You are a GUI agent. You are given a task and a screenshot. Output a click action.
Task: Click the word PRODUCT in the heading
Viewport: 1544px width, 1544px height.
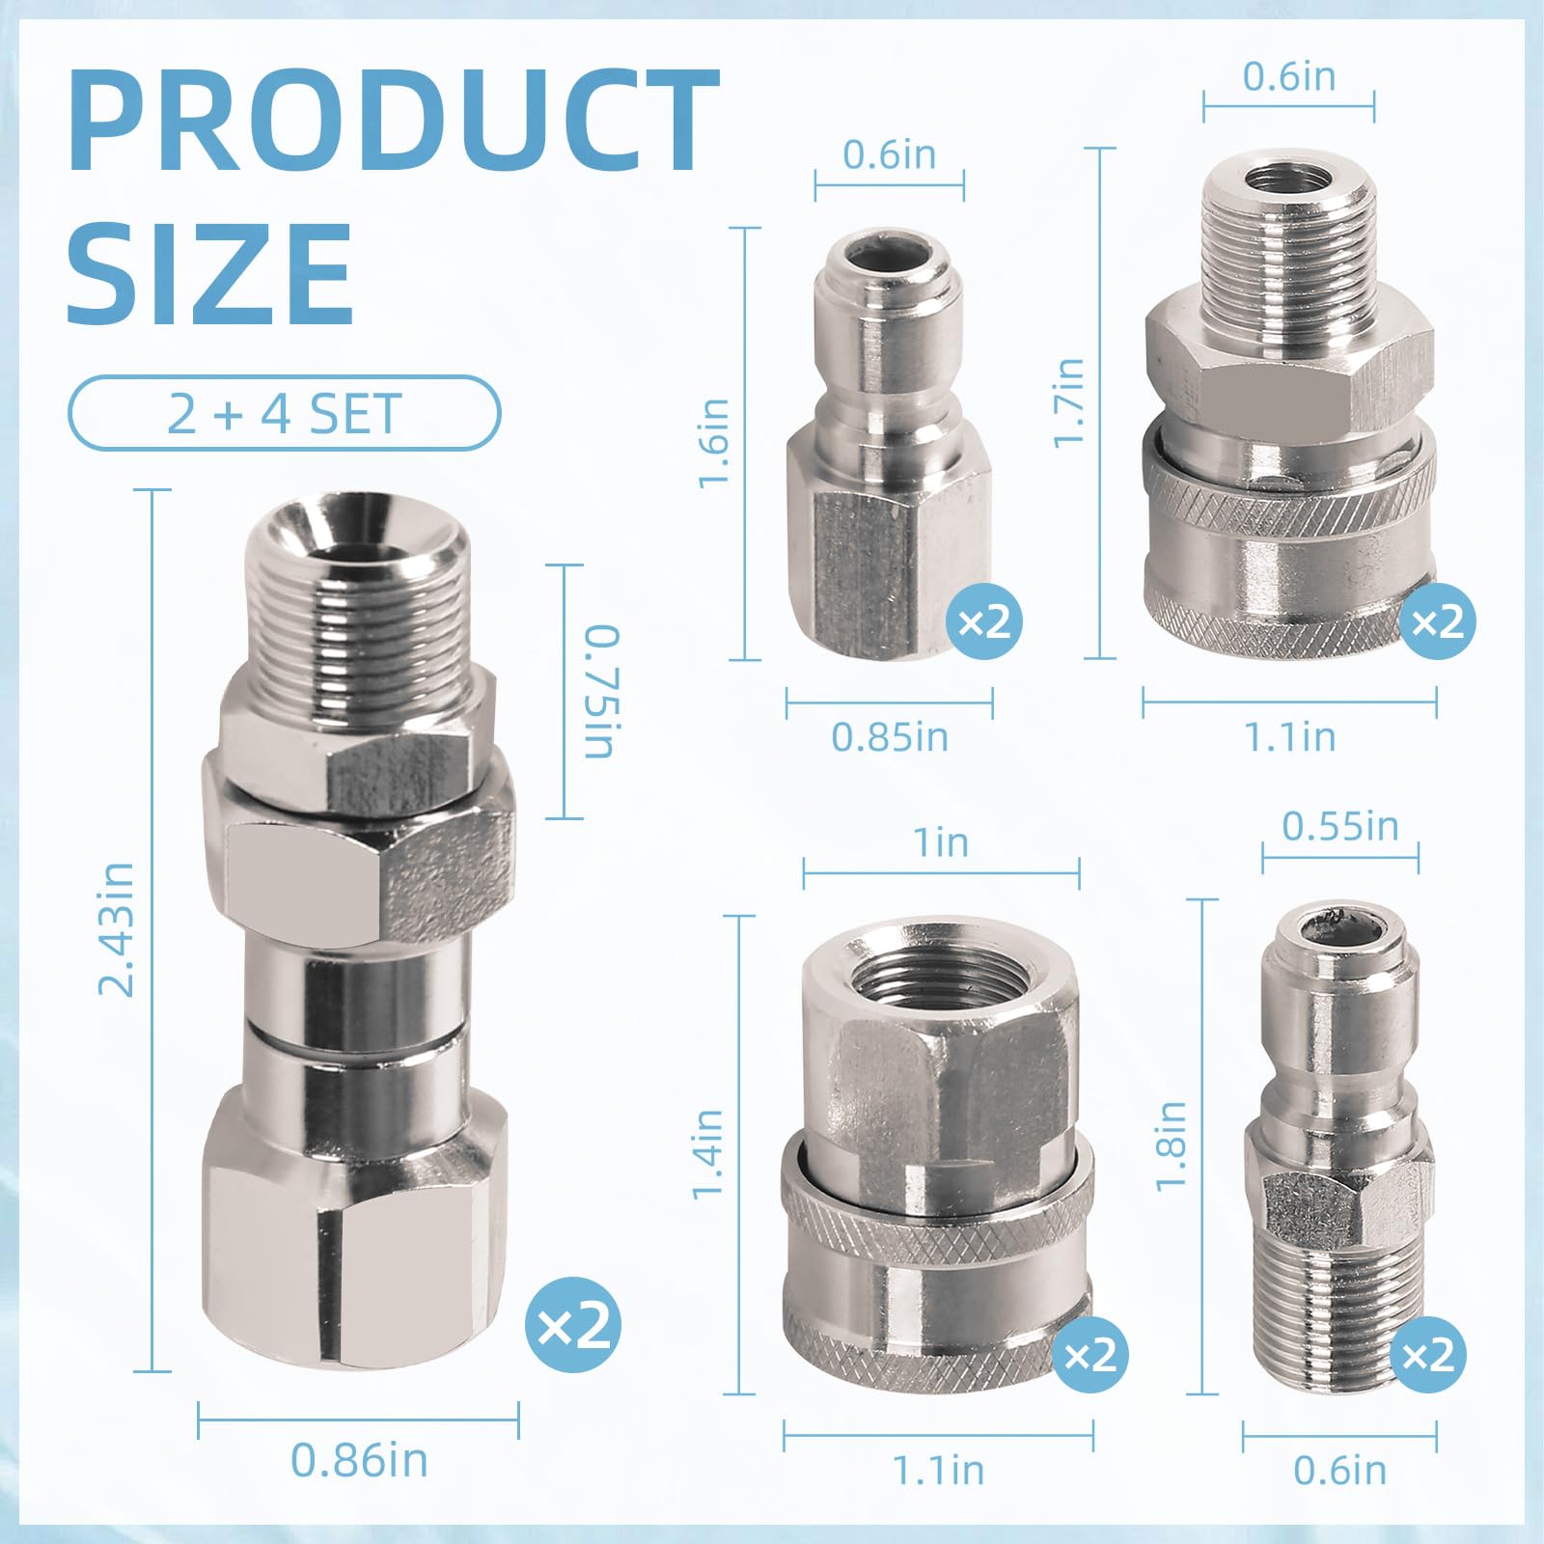394,121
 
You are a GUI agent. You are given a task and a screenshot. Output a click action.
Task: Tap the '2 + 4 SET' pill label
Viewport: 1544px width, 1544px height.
284,414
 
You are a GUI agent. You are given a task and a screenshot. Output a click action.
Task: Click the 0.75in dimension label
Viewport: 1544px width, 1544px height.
603,692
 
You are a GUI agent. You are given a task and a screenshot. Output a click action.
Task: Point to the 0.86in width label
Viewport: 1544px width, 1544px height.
359,1460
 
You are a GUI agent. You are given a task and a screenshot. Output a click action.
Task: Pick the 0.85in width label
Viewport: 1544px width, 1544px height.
890,737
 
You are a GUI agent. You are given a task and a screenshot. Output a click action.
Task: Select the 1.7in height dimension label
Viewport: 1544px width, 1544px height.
1068,402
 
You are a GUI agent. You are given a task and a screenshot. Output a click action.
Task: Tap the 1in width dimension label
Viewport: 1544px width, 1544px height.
941,842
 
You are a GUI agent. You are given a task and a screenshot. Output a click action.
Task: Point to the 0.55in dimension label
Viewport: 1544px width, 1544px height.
1340,826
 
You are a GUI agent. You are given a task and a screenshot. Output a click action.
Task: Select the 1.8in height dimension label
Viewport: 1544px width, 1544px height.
1171,1146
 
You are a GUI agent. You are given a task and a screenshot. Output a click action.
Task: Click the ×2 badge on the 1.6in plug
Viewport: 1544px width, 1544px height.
984,622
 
